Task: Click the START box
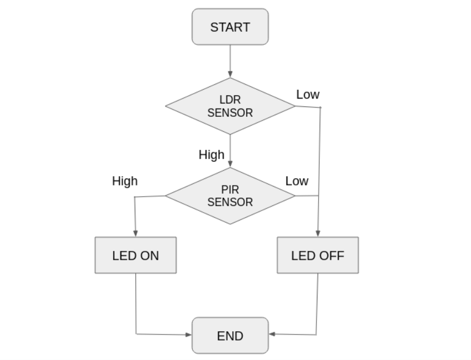tap(230, 27)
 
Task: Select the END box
tap(230, 335)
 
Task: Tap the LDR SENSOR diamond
tap(230, 106)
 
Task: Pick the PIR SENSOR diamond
tap(230, 196)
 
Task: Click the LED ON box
tap(136, 255)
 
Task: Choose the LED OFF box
tap(318, 255)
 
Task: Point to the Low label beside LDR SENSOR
tap(308, 95)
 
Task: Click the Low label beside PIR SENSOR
tap(297, 181)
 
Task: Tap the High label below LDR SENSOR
tap(211, 155)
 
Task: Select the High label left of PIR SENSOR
tap(125, 181)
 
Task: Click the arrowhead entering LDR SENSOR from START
tap(230, 74)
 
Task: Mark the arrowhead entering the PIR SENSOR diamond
tap(230, 164)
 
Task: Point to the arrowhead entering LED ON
tap(136, 234)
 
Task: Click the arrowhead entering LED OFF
tap(318, 234)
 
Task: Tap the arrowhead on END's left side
tap(188, 335)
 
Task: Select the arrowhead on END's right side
tap(272, 335)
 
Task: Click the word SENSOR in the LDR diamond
tap(230, 113)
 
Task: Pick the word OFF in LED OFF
tap(332, 255)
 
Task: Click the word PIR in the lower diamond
tap(230, 190)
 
